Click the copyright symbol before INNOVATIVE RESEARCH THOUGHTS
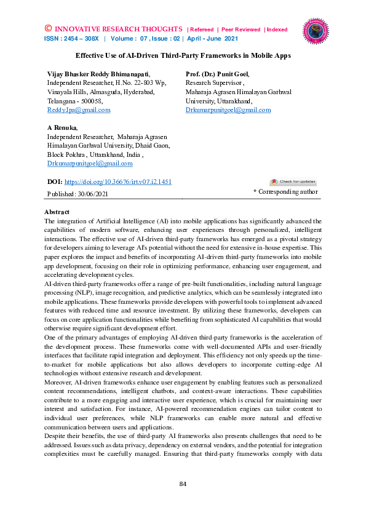48,29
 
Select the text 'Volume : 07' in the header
134,39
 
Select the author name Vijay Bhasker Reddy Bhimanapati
98,73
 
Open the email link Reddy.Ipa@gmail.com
79,110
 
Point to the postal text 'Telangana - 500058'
75,100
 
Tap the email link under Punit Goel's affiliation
228,110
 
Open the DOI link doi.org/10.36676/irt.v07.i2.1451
117,182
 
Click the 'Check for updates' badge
293,181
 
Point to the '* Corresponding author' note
285,192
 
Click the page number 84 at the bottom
183,484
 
